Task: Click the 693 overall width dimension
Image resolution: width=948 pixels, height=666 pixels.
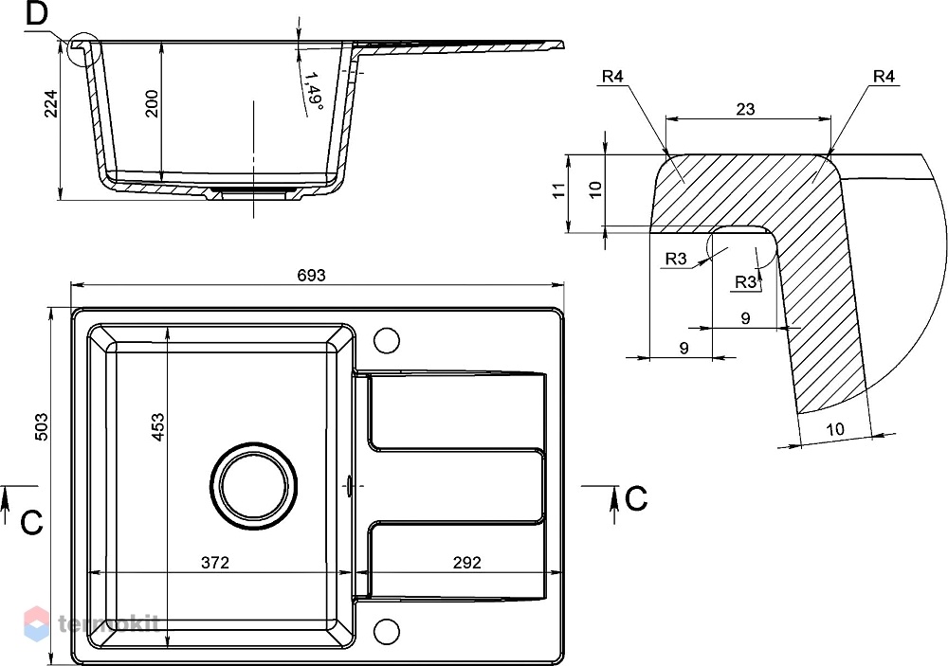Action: coord(311,276)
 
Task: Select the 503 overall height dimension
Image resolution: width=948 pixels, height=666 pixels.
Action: coord(42,426)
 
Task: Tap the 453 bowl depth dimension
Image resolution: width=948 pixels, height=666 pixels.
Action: coord(157,426)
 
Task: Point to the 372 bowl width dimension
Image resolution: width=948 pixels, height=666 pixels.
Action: coord(215,563)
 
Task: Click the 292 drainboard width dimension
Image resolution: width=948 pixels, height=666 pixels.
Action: coord(467,563)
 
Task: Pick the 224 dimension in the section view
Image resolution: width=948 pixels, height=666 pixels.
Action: coord(51,103)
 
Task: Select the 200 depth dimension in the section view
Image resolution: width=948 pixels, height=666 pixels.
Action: coord(152,103)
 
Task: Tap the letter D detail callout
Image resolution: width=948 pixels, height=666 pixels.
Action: coord(37,14)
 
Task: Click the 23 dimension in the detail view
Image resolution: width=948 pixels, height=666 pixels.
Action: coord(746,109)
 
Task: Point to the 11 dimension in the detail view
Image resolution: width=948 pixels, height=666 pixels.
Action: coord(559,189)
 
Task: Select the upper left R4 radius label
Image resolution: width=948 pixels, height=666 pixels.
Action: coord(612,76)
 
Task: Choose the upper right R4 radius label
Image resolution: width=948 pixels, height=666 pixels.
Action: coord(884,76)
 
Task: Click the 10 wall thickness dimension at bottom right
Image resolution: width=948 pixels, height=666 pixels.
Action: coord(835,430)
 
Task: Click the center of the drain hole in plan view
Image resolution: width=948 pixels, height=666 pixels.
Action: coord(254,487)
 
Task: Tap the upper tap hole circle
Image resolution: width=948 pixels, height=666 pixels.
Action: coord(387,340)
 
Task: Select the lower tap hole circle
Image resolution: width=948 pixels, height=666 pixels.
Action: coord(387,631)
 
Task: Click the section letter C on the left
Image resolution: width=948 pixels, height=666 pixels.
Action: coord(31,523)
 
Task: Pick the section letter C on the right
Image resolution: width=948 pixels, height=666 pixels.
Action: coord(635,499)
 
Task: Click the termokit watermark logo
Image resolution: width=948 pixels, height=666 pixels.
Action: coord(91,623)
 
